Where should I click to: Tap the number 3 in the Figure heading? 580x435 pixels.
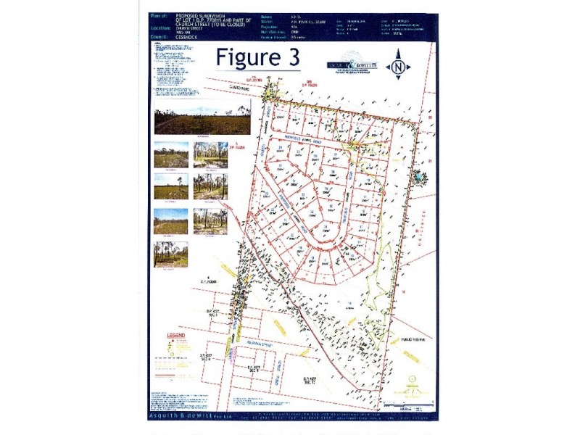(294, 57)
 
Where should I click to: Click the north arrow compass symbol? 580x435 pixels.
(397, 68)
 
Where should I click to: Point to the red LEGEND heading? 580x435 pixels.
(177, 336)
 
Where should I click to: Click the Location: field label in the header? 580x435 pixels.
(163, 28)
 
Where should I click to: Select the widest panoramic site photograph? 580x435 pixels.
(202, 117)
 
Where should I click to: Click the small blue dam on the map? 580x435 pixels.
(418, 175)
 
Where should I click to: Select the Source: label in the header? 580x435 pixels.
(306, 21)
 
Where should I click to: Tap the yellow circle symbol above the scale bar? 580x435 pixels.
(412, 378)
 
